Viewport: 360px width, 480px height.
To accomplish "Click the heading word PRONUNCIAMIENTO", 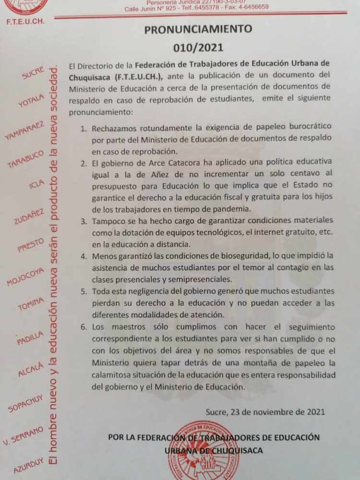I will (x=198, y=29).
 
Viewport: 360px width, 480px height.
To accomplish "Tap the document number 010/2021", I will (x=198, y=48).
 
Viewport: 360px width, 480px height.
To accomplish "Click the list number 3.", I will (x=83, y=222).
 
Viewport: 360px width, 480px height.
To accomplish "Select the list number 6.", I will (x=83, y=327).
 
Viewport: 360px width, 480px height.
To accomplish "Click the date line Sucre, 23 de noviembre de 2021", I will (x=265, y=411).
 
